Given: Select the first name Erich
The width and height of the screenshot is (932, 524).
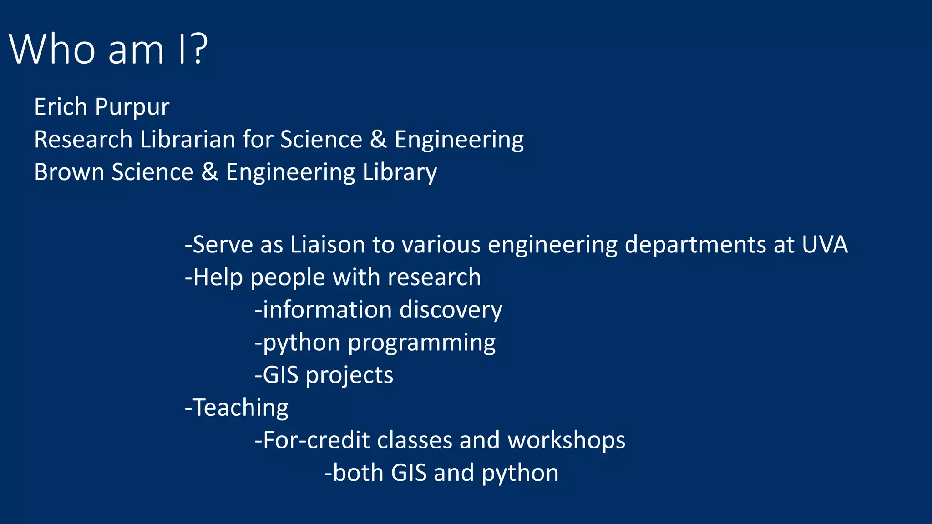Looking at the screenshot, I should click(61, 107).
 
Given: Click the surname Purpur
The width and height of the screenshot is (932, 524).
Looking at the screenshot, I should click(132, 108).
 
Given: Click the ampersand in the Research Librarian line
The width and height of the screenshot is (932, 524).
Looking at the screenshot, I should click(378, 139).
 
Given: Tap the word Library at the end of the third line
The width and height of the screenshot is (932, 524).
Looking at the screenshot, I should click(400, 172).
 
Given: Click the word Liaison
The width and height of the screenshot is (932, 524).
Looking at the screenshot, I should click(328, 245).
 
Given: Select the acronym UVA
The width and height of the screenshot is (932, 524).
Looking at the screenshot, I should click(825, 245).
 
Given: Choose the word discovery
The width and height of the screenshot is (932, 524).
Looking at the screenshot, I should click(451, 310).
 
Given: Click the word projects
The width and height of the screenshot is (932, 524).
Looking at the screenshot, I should click(349, 376).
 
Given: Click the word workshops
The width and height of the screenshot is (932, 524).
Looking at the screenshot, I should click(566, 441).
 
